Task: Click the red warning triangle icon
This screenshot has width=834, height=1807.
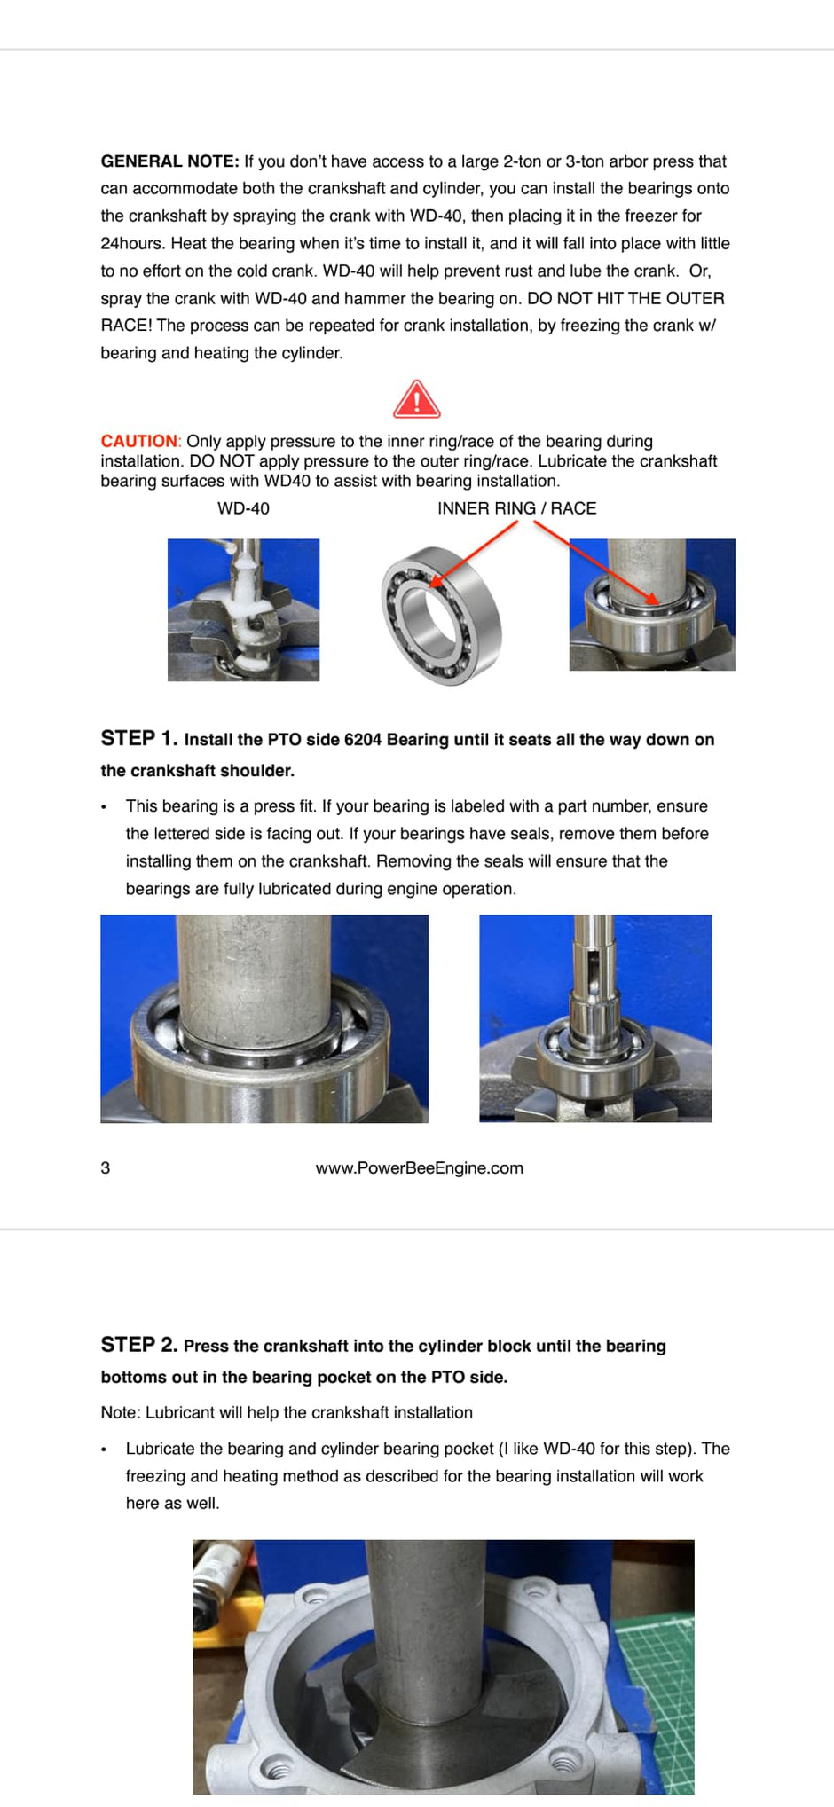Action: [416, 400]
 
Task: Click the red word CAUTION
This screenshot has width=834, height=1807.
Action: [139, 441]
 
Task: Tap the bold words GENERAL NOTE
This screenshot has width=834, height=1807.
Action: [169, 161]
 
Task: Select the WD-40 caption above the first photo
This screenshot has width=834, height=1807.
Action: [243, 508]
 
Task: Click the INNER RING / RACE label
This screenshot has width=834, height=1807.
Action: [516, 508]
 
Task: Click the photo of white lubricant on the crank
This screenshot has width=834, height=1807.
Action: [243, 609]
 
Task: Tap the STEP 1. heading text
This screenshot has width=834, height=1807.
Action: [139, 738]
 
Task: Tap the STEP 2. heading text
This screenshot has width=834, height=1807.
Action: [139, 1345]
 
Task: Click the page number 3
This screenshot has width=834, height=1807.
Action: [106, 1167]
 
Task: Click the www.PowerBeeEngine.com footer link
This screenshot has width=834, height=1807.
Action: [419, 1167]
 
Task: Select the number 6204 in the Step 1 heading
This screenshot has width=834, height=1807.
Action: [362, 740]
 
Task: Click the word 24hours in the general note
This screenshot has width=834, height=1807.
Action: [132, 243]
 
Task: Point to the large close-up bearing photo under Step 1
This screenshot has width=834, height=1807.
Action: [264, 1018]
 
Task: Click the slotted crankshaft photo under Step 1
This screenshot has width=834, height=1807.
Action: [595, 1018]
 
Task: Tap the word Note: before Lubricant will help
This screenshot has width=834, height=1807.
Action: [122, 1412]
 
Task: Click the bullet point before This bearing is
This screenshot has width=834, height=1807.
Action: [104, 807]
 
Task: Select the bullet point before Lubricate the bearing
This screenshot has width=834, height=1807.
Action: [104, 1450]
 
